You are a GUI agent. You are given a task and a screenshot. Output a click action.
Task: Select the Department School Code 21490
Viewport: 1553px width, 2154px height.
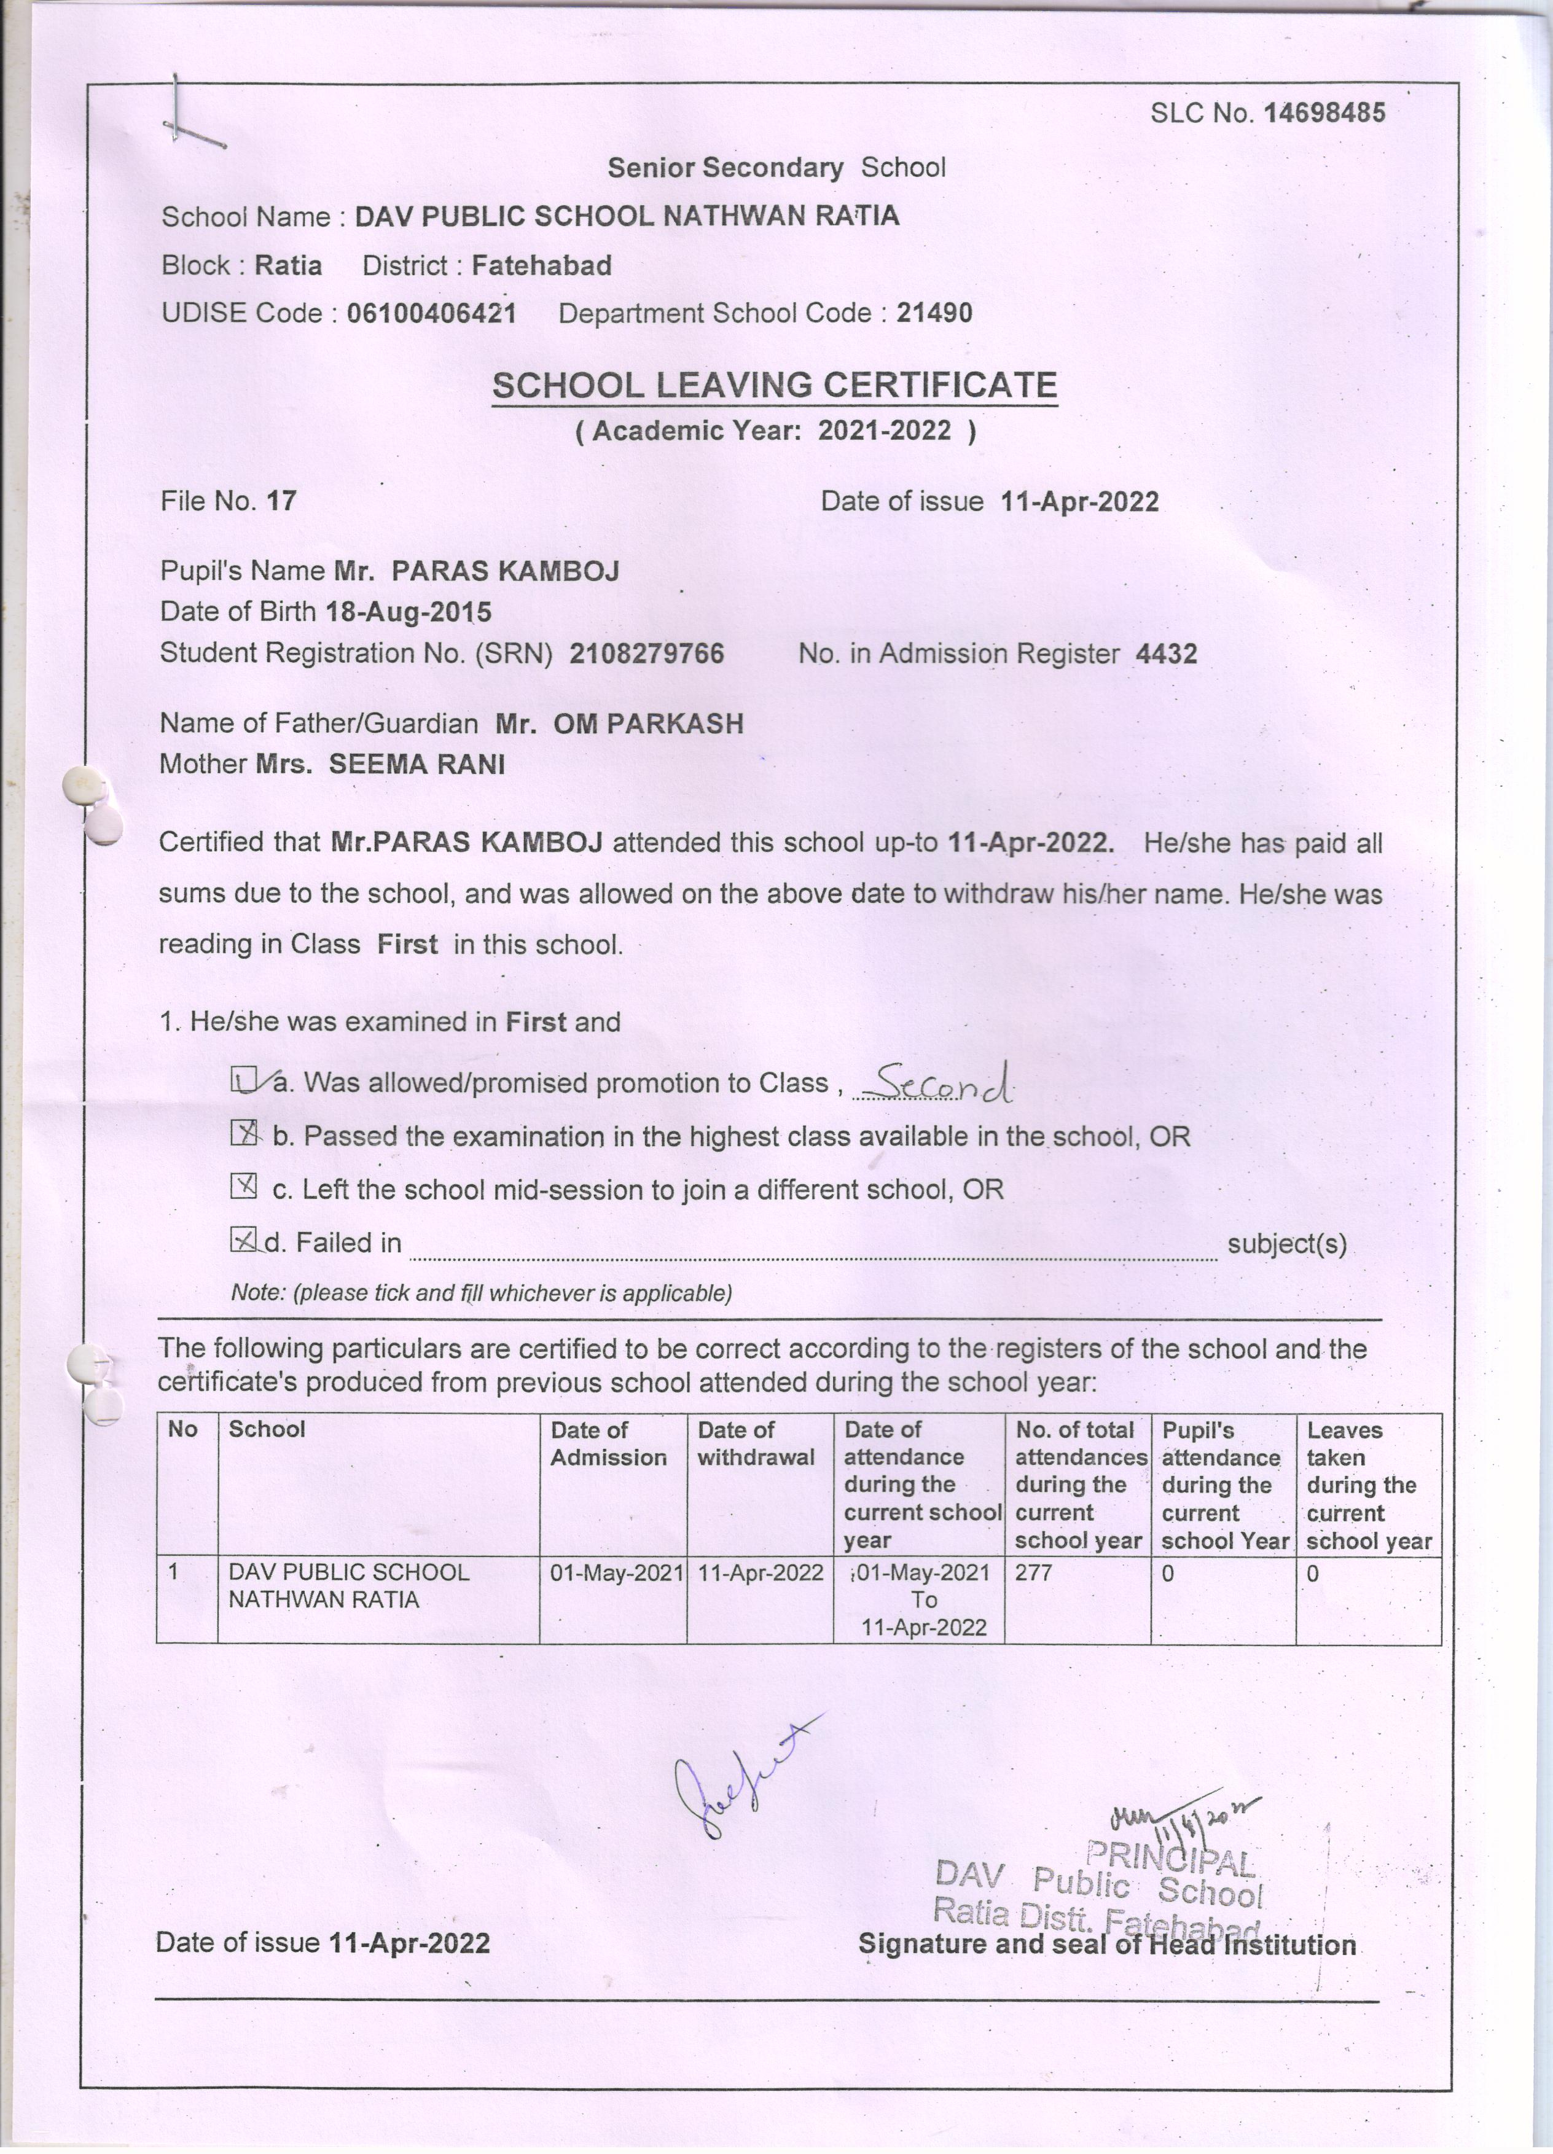click(x=934, y=313)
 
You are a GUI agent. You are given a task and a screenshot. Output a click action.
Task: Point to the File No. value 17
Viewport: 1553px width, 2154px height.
click(x=282, y=501)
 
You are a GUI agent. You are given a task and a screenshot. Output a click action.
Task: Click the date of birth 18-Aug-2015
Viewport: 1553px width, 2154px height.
click(x=409, y=612)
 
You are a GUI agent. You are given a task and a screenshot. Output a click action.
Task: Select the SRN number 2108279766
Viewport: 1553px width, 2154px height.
click(x=647, y=654)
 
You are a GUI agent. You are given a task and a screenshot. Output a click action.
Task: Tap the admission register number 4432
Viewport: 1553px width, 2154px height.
click(x=1167, y=654)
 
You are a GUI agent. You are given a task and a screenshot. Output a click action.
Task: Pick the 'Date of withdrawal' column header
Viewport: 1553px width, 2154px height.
click(x=756, y=1443)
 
